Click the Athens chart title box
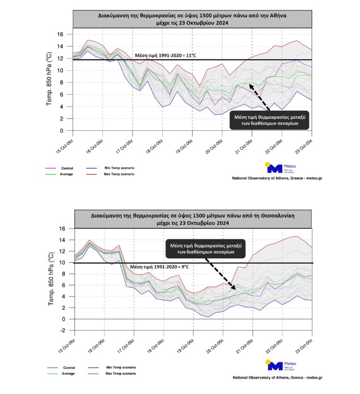tap(193, 19)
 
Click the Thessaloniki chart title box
tap(193, 219)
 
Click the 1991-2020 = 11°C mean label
tap(165, 55)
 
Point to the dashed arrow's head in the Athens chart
tap(250, 84)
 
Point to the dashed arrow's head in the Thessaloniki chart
tap(235, 290)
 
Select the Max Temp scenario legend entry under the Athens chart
tap(118, 174)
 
